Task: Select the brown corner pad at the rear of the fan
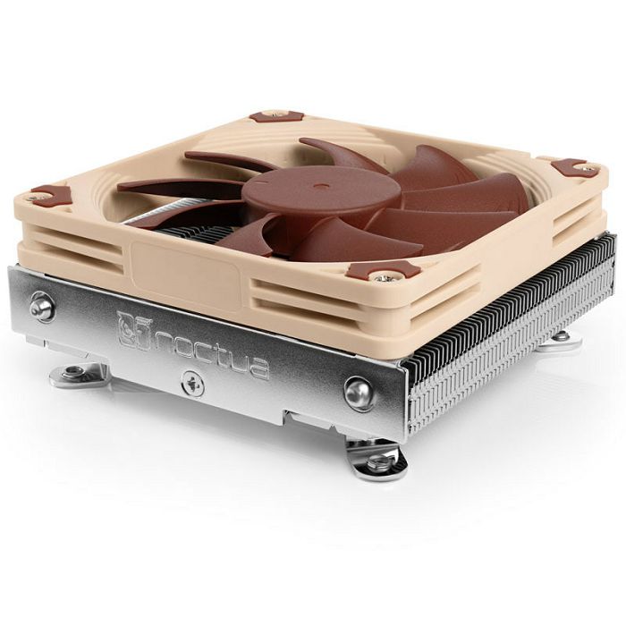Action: [276, 115]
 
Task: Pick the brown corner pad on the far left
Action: [51, 194]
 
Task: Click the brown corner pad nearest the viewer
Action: [384, 270]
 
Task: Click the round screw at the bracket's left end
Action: [41, 307]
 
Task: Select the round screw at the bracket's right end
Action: [359, 392]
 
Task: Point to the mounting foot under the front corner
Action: [377, 459]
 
